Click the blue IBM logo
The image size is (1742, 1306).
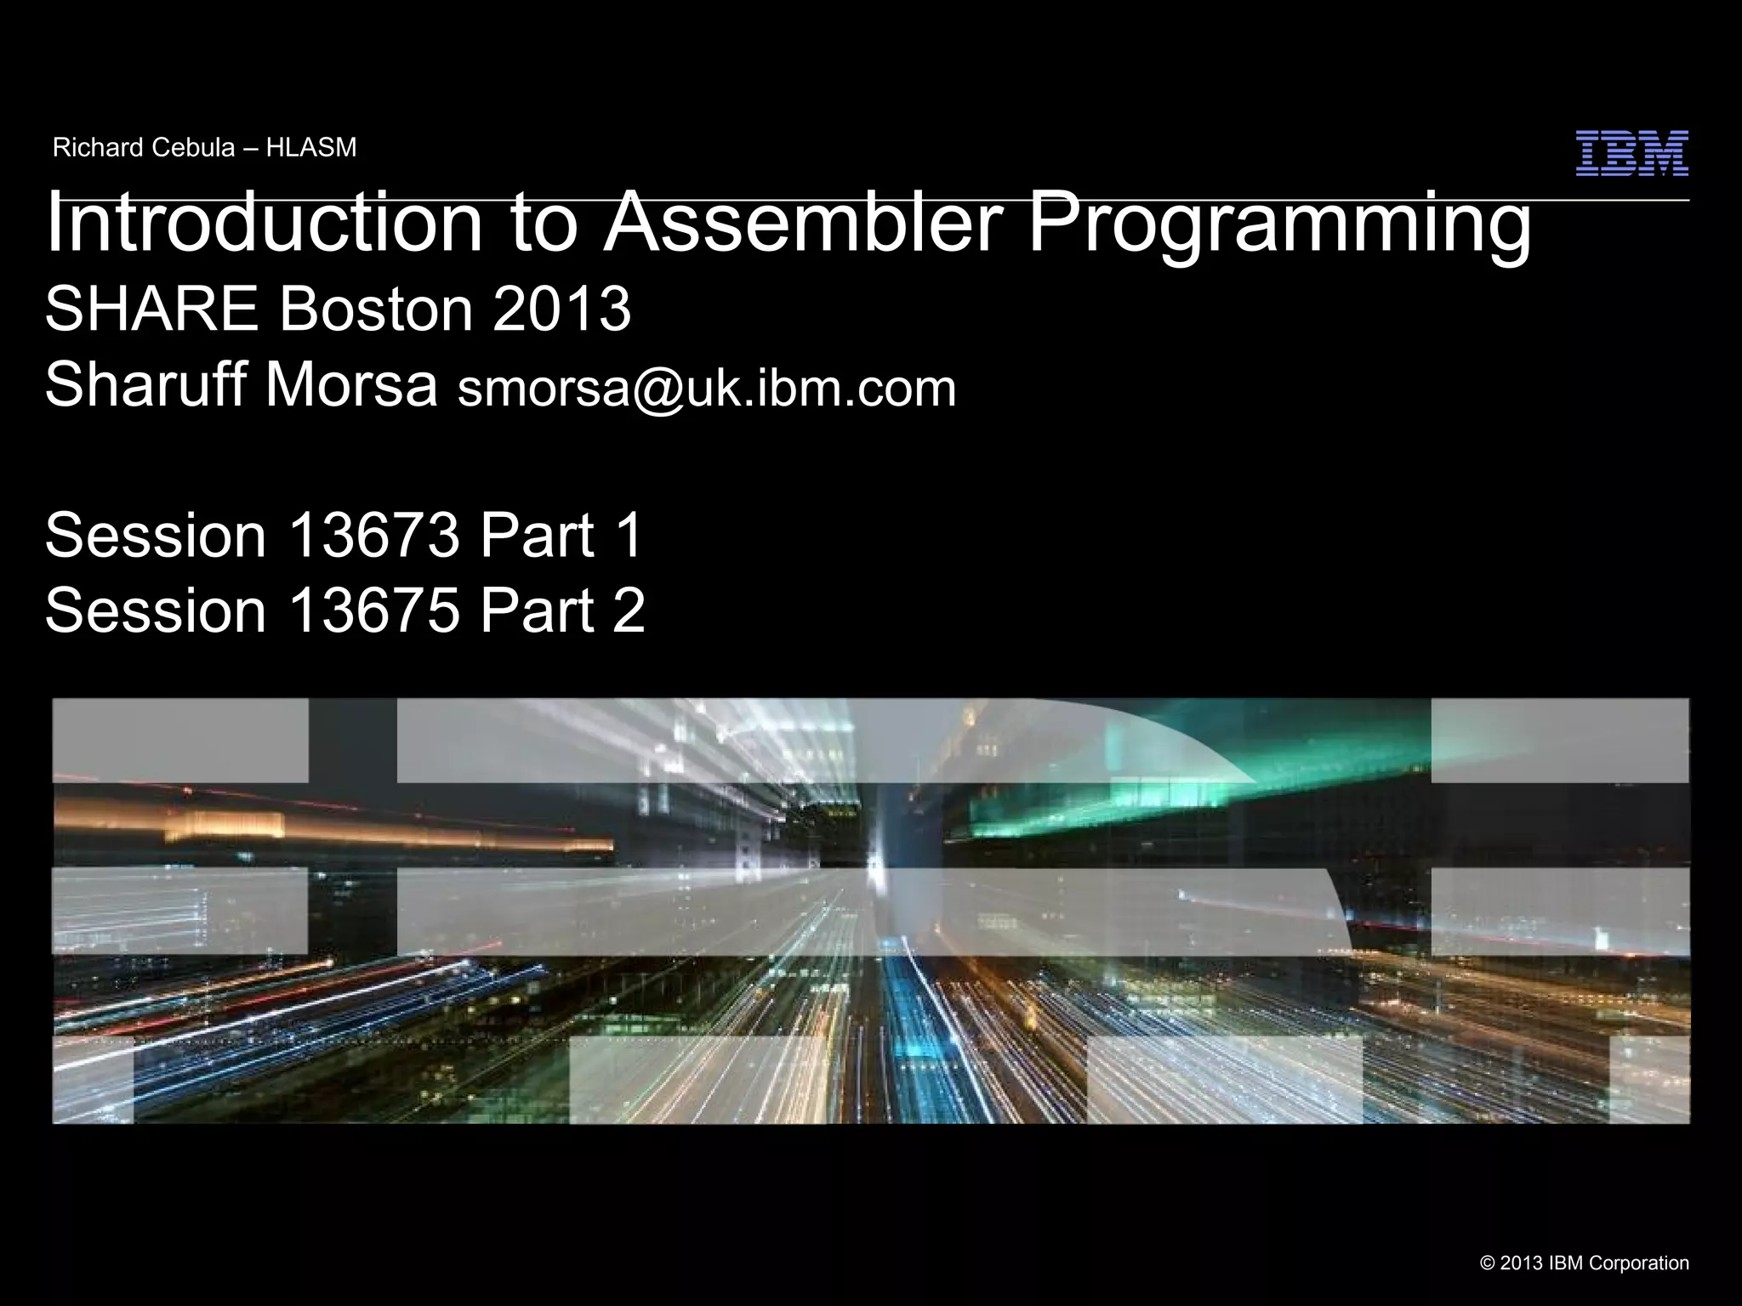(x=1631, y=154)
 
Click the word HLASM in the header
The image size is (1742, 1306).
(x=311, y=148)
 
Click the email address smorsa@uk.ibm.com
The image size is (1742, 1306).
(x=707, y=389)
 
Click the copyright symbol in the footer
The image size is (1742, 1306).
(x=1488, y=1263)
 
